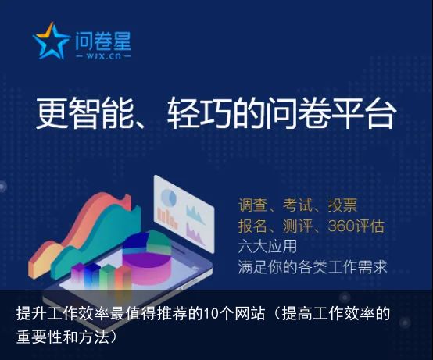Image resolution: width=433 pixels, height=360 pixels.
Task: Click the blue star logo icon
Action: pyautogui.click(x=51, y=41)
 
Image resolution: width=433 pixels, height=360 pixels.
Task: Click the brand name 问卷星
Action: pyautogui.click(x=103, y=41)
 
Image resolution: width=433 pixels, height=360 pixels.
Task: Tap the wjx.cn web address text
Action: pyautogui.click(x=103, y=55)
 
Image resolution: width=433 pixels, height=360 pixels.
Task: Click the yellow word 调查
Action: pyautogui.click(x=252, y=205)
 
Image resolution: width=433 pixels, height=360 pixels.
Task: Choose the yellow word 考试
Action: pyautogui.click(x=297, y=205)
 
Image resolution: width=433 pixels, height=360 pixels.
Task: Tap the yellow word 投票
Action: pyautogui.click(x=342, y=205)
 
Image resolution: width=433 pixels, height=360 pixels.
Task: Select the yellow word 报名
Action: pyautogui.click(x=252, y=226)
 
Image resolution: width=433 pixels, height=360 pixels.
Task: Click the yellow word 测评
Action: pyautogui.click(x=297, y=226)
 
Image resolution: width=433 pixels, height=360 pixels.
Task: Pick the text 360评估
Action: pyautogui.click(x=356, y=226)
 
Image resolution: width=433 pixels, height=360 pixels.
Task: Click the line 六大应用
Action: pyautogui.click(x=267, y=246)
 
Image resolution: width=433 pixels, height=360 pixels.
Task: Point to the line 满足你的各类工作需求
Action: pyautogui.click(x=313, y=267)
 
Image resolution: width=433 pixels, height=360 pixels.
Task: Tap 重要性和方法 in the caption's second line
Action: pyautogui.click(x=63, y=337)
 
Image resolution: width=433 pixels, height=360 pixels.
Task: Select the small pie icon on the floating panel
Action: pyautogui.click(x=169, y=198)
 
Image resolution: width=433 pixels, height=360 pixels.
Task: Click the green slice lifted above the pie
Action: pyautogui.click(x=159, y=243)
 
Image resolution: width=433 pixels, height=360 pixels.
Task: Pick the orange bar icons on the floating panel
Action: pyautogui.click(x=167, y=218)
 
